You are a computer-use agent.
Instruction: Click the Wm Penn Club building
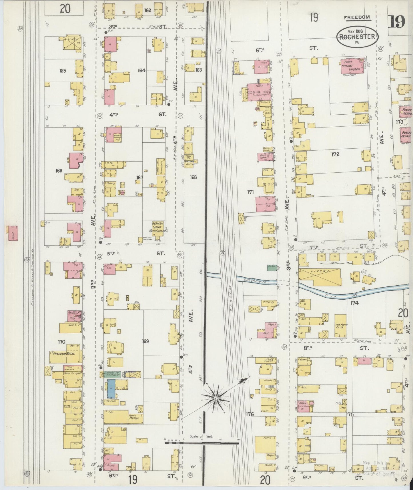pos(340,326)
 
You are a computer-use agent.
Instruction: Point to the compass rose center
pos(216,398)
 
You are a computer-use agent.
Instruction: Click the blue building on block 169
pos(111,389)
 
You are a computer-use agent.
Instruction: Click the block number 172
pos(335,155)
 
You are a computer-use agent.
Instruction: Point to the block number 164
pos(142,70)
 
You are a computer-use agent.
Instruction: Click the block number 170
pos(61,342)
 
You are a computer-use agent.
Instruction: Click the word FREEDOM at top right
pos(357,18)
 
